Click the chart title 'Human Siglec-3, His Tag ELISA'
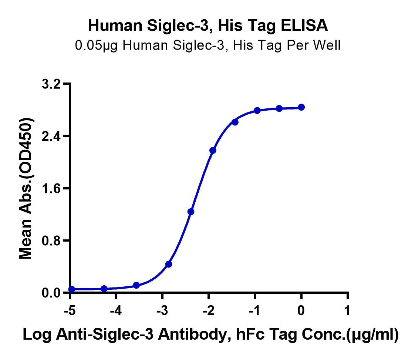coord(208,26)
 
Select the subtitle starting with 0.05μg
coord(208,45)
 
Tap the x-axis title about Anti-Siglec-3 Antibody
coord(211,334)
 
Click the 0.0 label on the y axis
coord(51,293)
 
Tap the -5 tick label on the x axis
coord(70,310)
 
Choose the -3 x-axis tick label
coord(162,310)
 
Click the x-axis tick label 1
coord(347,310)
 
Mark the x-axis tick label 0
coord(301,310)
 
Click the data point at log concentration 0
coord(301,107)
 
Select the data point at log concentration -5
coord(72,289)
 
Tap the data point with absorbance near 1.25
coord(191,212)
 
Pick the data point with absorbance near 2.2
coord(213,150)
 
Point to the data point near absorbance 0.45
coord(169,264)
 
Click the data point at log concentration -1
coord(257,110)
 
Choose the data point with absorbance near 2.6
coord(235,122)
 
